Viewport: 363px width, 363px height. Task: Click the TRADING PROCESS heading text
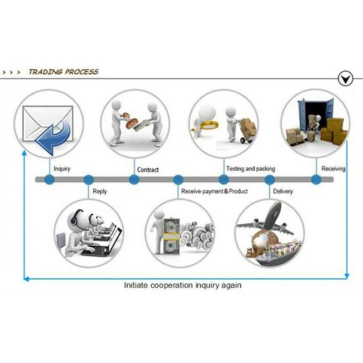pyautogui.click(x=63, y=71)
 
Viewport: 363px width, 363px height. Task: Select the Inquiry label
pyautogui.click(x=62, y=169)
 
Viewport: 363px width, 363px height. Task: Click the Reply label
pyautogui.click(x=100, y=192)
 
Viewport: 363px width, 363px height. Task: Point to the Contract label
pyautogui.click(x=148, y=169)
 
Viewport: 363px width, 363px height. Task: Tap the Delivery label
pyautogui.click(x=283, y=192)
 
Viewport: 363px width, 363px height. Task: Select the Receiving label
pyautogui.click(x=333, y=169)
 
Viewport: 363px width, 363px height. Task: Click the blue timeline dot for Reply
pyautogui.click(x=88, y=180)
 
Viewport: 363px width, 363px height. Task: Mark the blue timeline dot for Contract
pyautogui.click(x=134, y=180)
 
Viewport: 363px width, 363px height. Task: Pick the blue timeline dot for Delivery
pyautogui.click(x=270, y=180)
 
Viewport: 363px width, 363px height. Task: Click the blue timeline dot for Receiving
pyautogui.click(x=316, y=180)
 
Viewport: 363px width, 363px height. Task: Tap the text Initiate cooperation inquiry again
pyautogui.click(x=182, y=284)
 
